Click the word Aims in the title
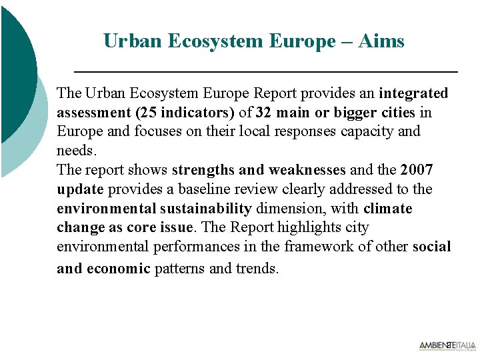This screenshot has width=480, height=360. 381,41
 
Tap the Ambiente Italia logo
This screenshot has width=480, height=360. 447,346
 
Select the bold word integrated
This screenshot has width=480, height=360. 413,93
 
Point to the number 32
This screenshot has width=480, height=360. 265,112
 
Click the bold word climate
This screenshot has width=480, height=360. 388,209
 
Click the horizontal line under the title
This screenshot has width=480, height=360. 265,71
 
